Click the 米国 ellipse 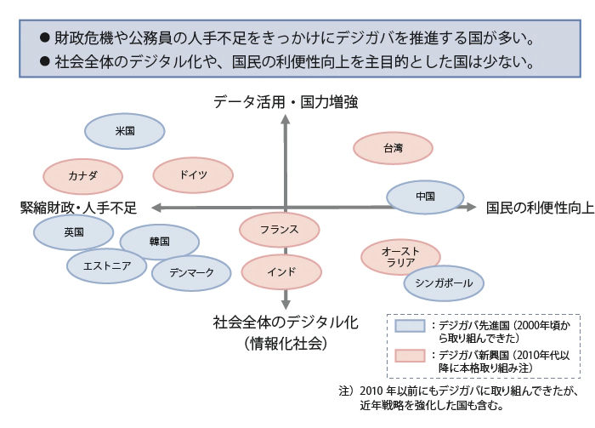(124, 132)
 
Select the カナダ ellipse (82, 176)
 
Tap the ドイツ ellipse (193, 175)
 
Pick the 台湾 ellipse (392, 149)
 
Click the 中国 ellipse (426, 197)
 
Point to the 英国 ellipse (73, 231)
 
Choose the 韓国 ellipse (159, 242)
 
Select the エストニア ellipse (107, 265)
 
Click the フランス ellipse (279, 229)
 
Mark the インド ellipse (281, 272)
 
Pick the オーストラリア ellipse (399, 257)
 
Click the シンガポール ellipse (444, 283)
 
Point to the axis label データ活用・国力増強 (286, 102)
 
